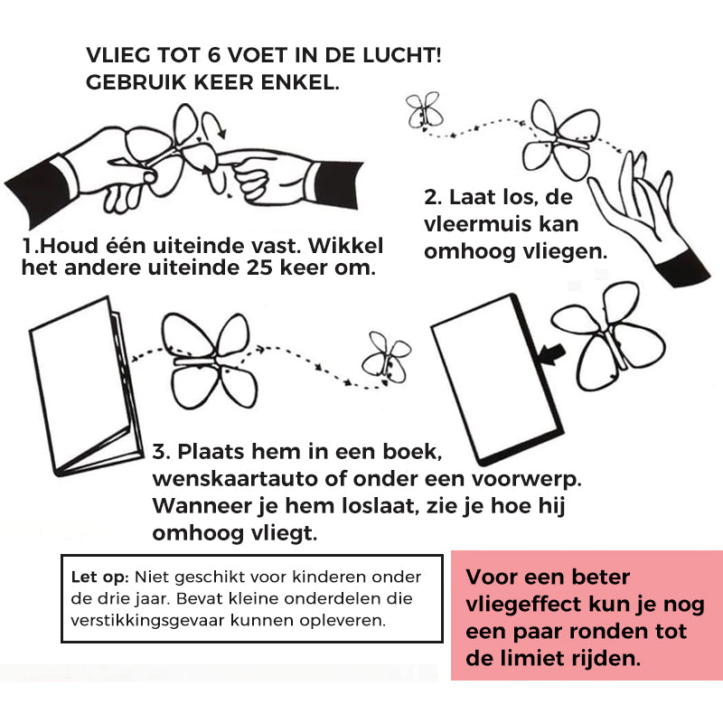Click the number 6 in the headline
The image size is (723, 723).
(x=213, y=55)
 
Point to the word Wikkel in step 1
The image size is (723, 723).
(x=346, y=246)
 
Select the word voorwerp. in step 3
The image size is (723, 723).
(x=526, y=480)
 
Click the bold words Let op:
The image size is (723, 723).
(x=99, y=577)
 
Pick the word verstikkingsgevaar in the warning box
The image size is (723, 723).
(x=148, y=621)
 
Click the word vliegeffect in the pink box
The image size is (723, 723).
(x=523, y=605)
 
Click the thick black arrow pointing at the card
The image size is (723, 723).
(x=552, y=354)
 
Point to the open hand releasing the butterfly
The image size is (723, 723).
(x=649, y=217)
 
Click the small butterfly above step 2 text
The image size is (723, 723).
(x=425, y=110)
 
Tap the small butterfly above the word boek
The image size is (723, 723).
(x=387, y=358)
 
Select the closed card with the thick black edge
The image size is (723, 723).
(x=498, y=379)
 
